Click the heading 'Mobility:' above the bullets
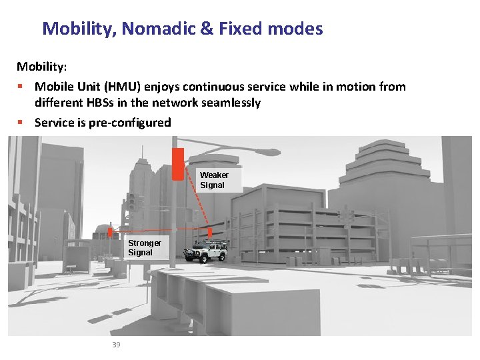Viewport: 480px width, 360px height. click(x=41, y=67)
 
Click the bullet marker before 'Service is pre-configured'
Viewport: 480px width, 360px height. click(x=21, y=123)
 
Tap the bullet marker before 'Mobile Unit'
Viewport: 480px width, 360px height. click(x=21, y=87)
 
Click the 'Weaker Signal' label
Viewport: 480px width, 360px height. click(x=214, y=180)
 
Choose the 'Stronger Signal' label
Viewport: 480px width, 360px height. click(x=144, y=248)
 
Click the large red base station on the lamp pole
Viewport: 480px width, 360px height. click(x=177, y=163)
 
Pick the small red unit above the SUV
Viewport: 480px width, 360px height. click(x=210, y=233)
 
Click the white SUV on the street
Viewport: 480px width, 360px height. click(x=207, y=252)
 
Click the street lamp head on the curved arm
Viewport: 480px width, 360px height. click(x=268, y=152)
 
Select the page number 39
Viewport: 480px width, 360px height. click(x=116, y=345)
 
